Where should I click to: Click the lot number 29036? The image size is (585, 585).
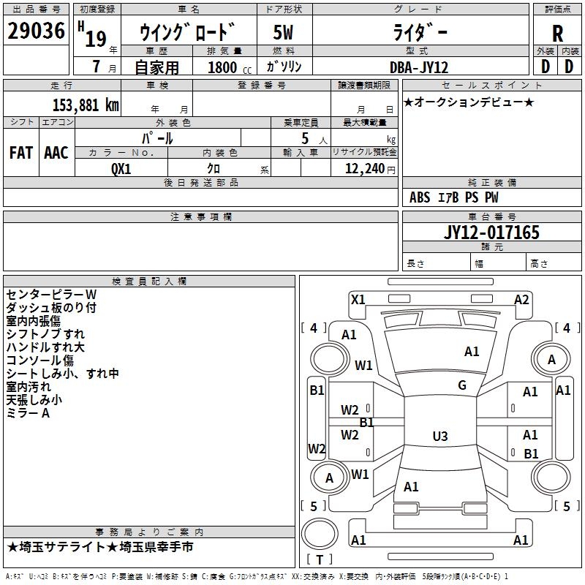[x=36, y=32]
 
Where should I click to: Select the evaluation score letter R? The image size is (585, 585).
[x=557, y=34]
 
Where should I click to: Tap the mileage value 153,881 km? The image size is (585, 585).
[x=86, y=105]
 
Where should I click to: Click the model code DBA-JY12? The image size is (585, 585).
[x=419, y=67]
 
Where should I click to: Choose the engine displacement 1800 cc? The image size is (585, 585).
[x=227, y=67]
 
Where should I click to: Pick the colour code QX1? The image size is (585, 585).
[x=121, y=168]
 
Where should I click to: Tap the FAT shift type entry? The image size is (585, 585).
[x=21, y=152]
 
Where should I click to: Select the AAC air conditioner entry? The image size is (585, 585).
[x=56, y=152]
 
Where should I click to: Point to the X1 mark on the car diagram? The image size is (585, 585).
[x=358, y=299]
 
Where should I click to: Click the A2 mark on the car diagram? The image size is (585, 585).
[x=521, y=299]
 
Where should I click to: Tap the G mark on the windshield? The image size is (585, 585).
[x=462, y=385]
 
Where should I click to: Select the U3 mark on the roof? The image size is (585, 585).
[x=439, y=437]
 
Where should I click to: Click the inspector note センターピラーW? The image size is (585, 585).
[x=51, y=294]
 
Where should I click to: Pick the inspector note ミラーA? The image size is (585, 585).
[x=28, y=413]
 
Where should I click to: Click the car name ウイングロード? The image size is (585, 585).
[x=187, y=34]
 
